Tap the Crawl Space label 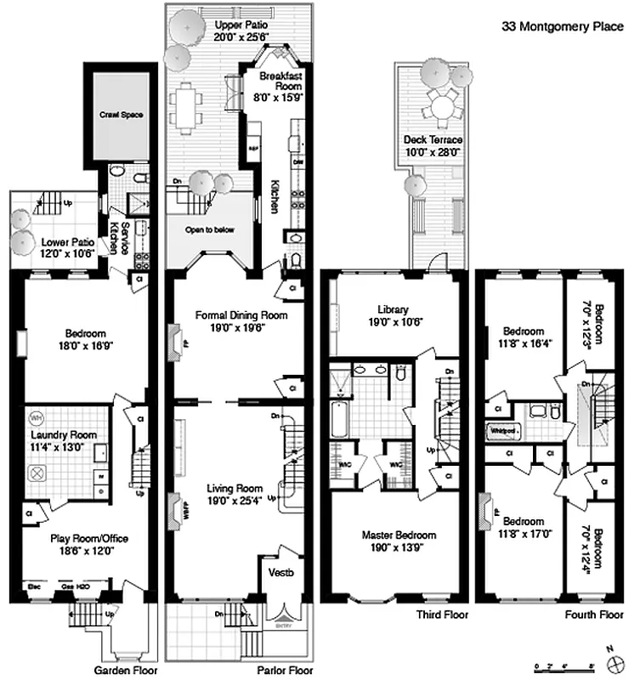[x=122, y=114]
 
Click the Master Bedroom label [x=399, y=535]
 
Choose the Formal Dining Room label [x=242, y=315]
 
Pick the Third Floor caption [x=440, y=613]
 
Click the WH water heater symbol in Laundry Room [x=37, y=418]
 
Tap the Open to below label [x=210, y=229]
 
